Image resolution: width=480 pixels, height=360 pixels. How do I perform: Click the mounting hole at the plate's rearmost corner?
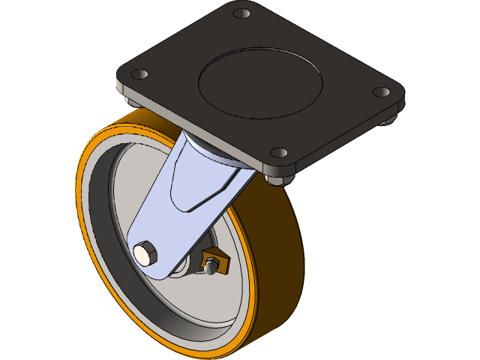(241, 13)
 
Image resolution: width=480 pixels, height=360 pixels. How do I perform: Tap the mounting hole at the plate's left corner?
(139, 75)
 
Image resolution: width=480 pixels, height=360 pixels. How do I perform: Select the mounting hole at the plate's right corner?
(381, 92)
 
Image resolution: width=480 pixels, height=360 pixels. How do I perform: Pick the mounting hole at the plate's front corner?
(279, 152)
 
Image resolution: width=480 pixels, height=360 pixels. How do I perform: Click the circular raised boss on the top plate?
(260, 83)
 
